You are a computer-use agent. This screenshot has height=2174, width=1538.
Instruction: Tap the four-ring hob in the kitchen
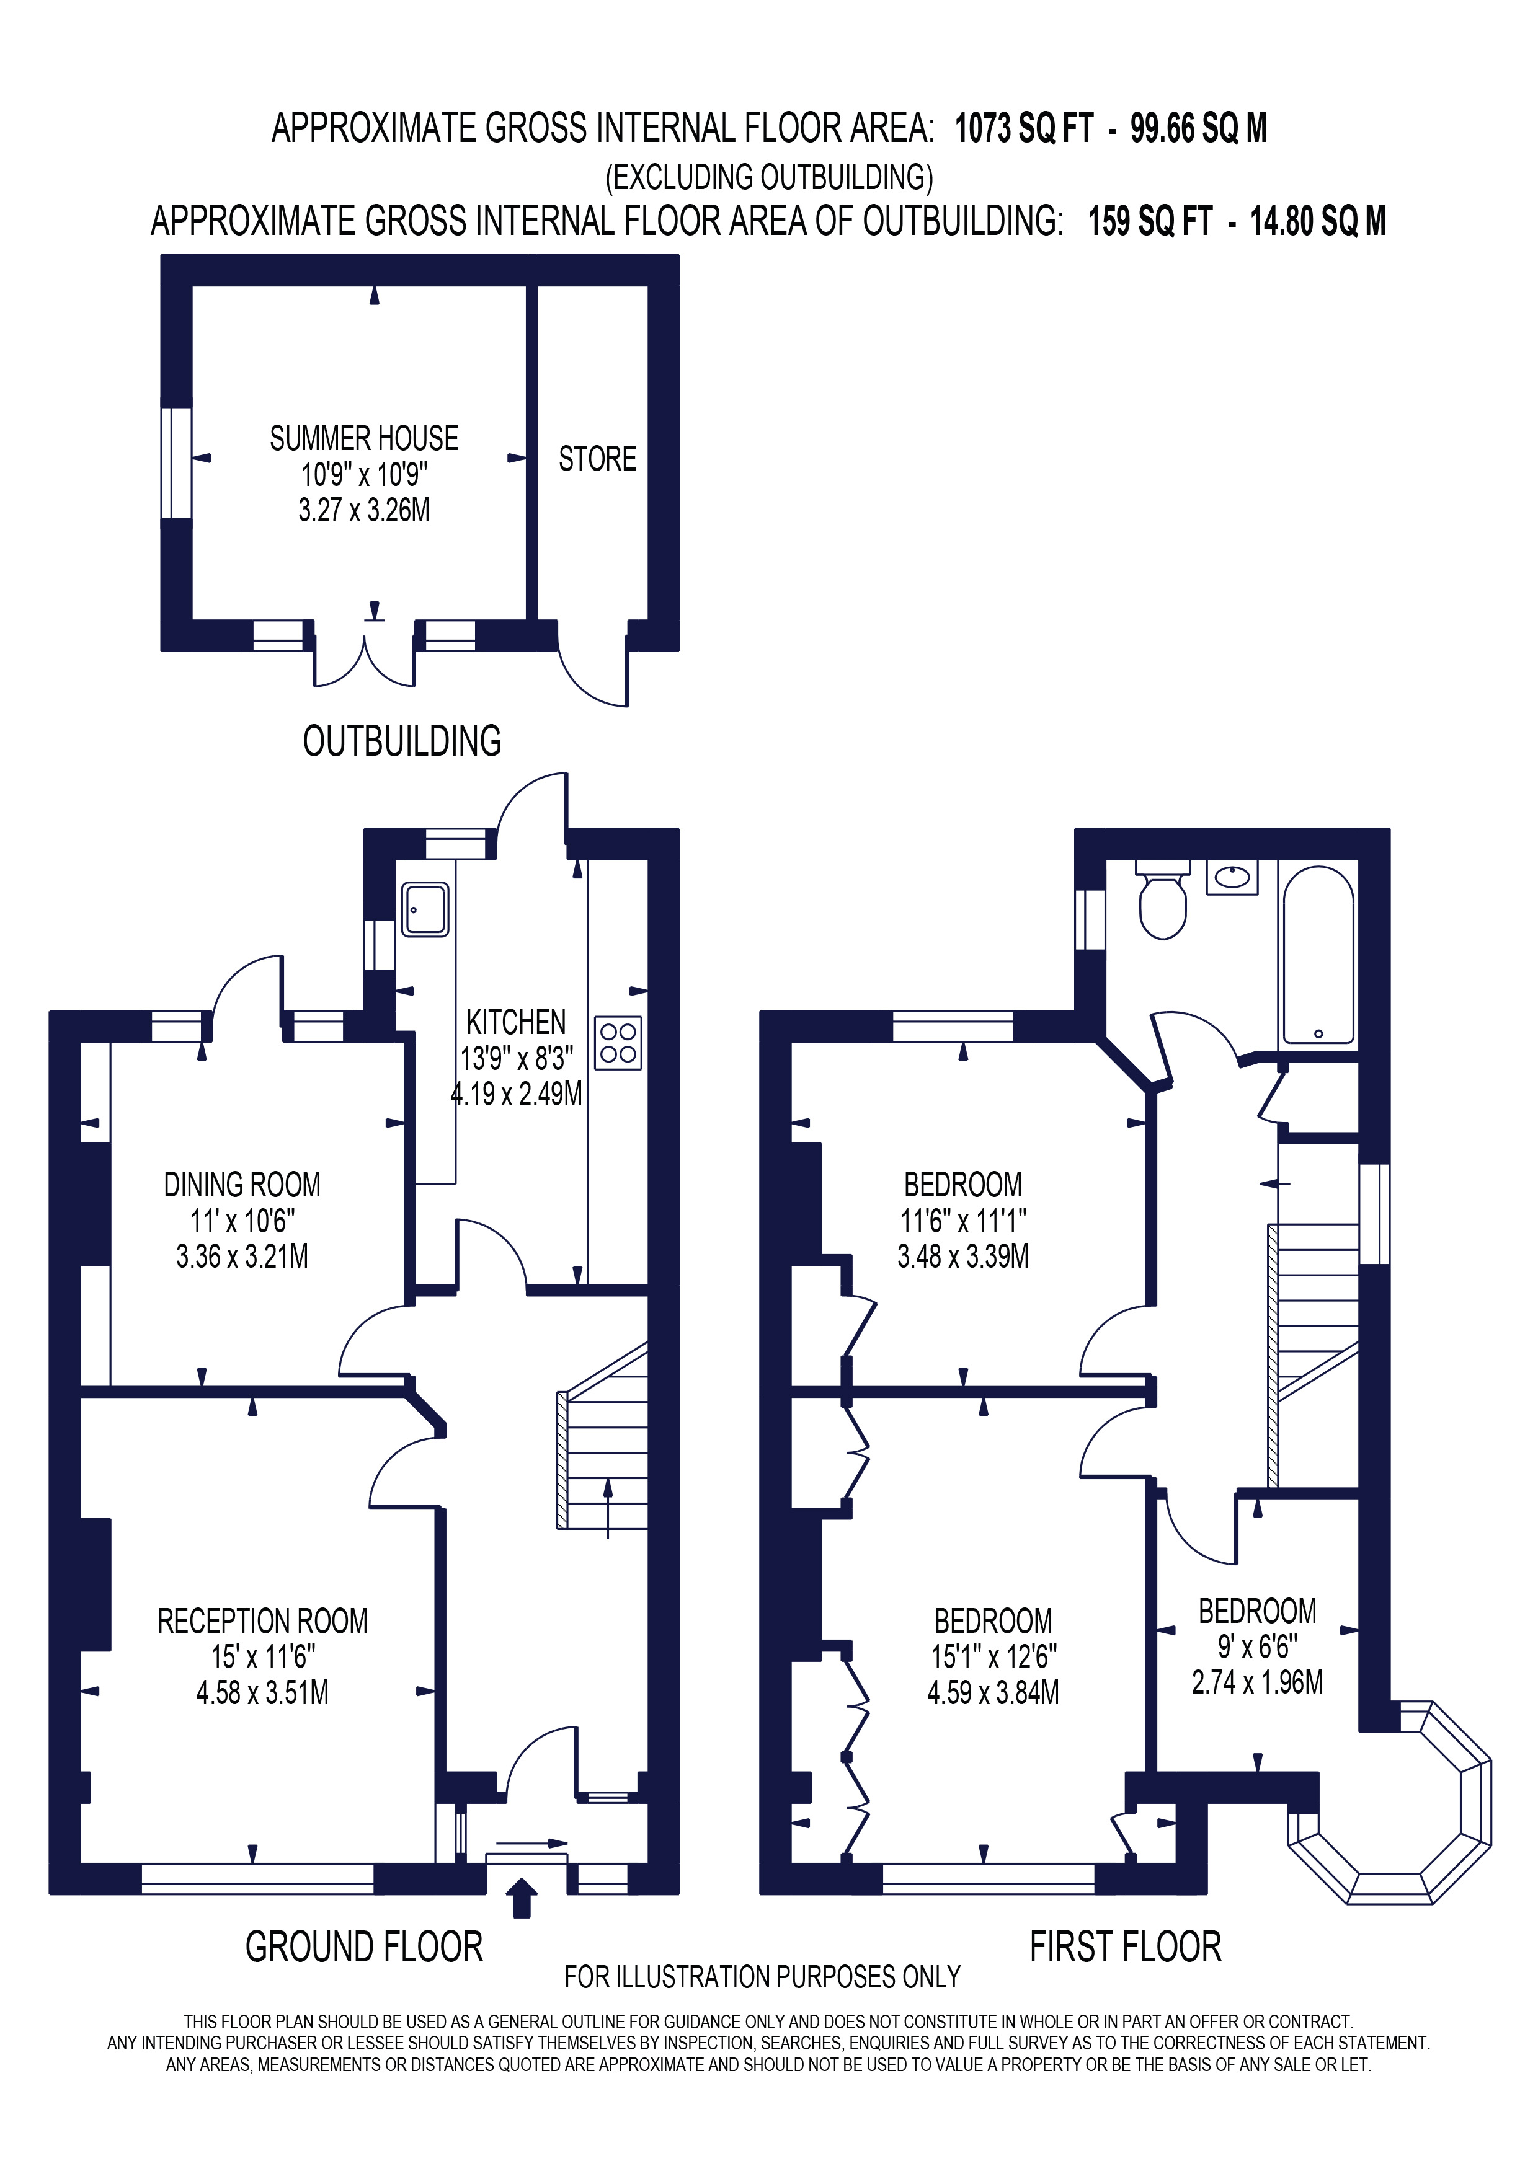pos(618,1043)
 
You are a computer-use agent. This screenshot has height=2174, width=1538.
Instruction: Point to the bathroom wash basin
pos(1232,878)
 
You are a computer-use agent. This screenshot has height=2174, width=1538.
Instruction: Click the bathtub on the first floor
pos(1317,955)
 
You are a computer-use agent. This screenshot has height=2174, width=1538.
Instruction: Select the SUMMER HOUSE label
pos(363,438)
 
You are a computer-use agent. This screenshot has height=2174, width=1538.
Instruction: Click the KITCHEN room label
pos(516,1023)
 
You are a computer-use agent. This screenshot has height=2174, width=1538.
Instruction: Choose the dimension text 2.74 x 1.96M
pos(1256,1682)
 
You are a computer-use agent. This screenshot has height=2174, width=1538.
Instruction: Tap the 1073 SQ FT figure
pos(1024,129)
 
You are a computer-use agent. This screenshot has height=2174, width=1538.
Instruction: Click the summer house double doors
pos(365,663)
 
